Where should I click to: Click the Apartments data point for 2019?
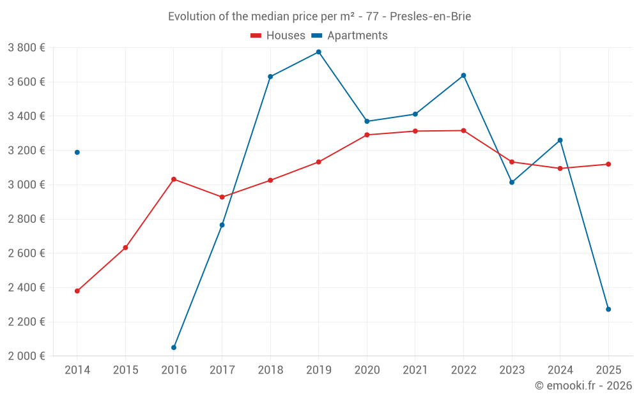(x=318, y=52)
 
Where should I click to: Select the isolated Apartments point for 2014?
(x=77, y=152)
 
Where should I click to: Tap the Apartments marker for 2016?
(x=174, y=347)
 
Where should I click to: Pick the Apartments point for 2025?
(x=608, y=309)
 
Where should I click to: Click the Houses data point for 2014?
(x=77, y=291)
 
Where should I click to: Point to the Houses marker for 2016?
(x=174, y=179)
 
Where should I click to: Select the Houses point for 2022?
(x=463, y=131)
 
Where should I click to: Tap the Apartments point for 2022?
(x=463, y=75)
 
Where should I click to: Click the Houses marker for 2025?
(x=608, y=164)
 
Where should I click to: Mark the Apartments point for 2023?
(x=512, y=182)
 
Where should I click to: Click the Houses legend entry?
(x=278, y=36)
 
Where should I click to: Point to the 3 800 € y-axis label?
(x=26, y=48)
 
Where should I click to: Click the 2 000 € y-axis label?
(x=26, y=356)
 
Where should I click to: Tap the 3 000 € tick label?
(x=26, y=184)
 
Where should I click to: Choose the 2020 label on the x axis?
(x=367, y=370)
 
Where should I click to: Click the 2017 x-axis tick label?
(x=222, y=370)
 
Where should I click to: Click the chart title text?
(x=319, y=17)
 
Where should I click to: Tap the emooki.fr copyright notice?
(x=583, y=386)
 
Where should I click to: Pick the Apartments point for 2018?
(x=270, y=77)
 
